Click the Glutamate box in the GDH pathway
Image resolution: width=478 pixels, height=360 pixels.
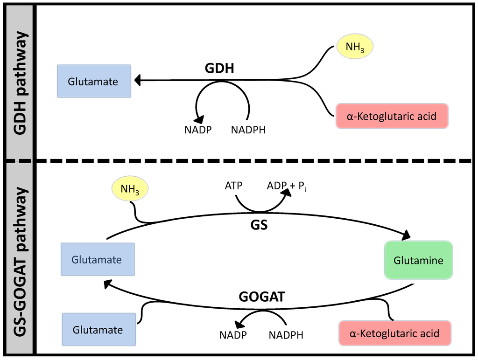pyautogui.click(x=94, y=81)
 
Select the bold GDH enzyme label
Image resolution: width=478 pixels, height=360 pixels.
pyautogui.click(x=219, y=69)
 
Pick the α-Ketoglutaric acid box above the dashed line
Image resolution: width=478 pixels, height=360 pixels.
pyautogui.click(x=392, y=116)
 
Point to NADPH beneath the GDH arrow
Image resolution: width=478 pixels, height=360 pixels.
pyautogui.click(x=248, y=130)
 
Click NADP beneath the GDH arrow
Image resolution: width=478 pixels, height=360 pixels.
pyautogui.click(x=198, y=130)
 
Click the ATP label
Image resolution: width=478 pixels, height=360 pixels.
pyautogui.click(x=233, y=186)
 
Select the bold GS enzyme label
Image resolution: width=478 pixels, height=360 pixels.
pyautogui.click(x=259, y=224)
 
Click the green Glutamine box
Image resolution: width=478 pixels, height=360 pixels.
pyautogui.click(x=418, y=260)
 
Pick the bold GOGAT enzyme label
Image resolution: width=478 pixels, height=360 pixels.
pyautogui.click(x=261, y=297)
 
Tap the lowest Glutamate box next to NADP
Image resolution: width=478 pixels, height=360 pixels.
pyautogui.click(x=98, y=330)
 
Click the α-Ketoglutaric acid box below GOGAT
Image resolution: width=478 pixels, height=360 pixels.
pyautogui.click(x=394, y=333)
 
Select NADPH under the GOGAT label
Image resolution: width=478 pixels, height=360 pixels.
pyautogui.click(x=286, y=335)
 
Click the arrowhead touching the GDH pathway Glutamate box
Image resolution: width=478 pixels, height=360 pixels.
pyautogui.click(x=138, y=81)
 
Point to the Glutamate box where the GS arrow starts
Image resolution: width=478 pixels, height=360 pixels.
pyautogui.click(x=98, y=259)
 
